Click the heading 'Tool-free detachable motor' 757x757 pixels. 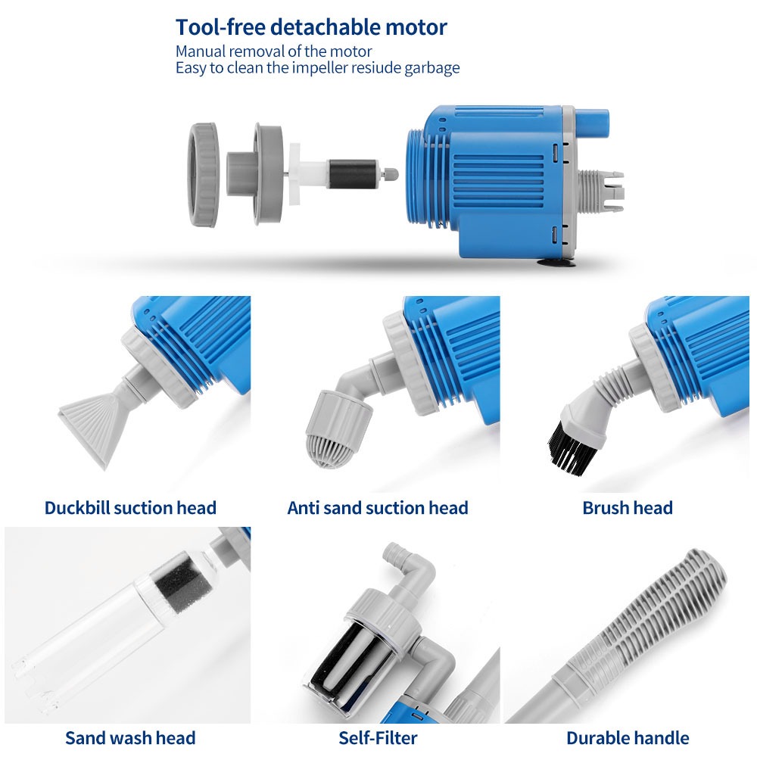(x=311, y=27)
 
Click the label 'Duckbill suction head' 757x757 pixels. (x=130, y=508)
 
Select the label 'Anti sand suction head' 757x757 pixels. (x=378, y=508)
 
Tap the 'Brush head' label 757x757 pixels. (x=627, y=508)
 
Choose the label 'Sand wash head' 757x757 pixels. (x=130, y=738)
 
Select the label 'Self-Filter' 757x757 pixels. (x=378, y=738)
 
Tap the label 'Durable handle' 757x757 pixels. (x=628, y=738)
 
